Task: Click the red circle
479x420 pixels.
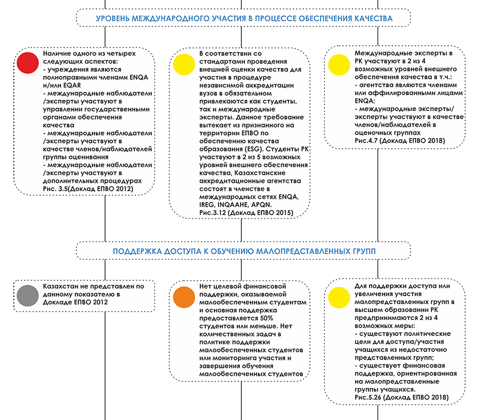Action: click(x=28, y=63)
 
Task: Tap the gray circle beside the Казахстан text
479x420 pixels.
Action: click(x=28, y=295)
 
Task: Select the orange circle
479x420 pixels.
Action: click(x=184, y=297)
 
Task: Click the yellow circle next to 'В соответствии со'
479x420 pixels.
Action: click(x=184, y=64)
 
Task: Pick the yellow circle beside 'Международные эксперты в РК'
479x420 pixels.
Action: click(x=339, y=65)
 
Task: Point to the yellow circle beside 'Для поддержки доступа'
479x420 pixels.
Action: click(x=339, y=297)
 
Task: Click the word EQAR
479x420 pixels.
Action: click(x=72, y=86)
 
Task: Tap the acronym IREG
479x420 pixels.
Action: click(x=207, y=205)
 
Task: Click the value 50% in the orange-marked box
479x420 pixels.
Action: click(x=267, y=318)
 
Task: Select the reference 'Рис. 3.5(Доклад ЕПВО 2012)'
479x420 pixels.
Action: click(x=88, y=189)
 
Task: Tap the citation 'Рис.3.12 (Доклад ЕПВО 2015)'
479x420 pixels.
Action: click(x=246, y=213)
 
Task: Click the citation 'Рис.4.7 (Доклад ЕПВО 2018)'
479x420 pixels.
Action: click(x=399, y=141)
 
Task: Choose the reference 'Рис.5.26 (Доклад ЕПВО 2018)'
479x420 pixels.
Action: click(x=401, y=397)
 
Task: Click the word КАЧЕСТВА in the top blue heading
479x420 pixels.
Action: click(x=374, y=19)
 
